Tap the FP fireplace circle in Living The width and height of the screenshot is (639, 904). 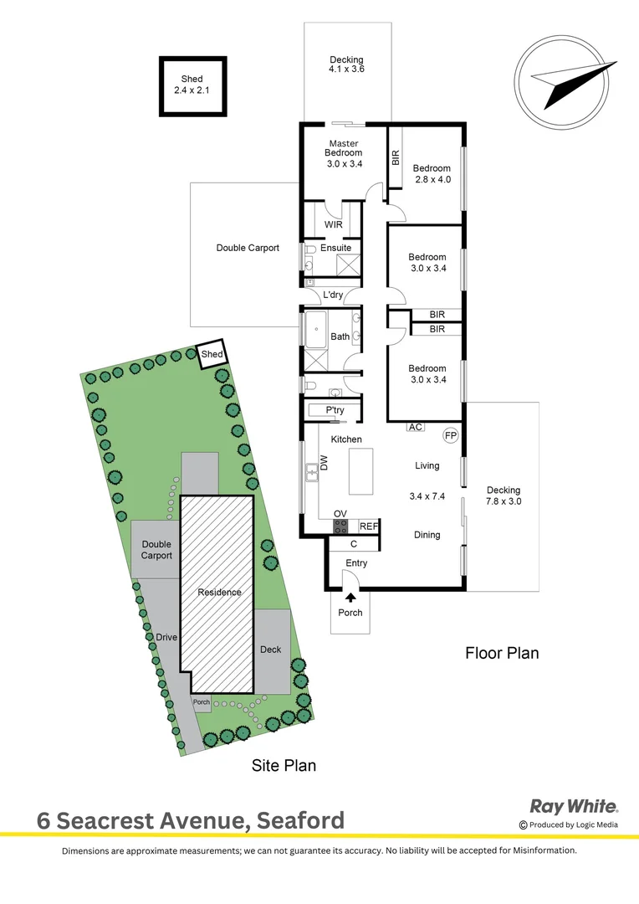pos(450,436)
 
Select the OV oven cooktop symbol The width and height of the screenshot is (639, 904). pos(341,526)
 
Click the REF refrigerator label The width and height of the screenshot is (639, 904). pos(368,526)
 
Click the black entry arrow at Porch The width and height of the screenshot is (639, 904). pos(350,597)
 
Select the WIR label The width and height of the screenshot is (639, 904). pos(334,224)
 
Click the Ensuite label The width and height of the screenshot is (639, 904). pos(335,249)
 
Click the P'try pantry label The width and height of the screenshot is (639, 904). pos(335,409)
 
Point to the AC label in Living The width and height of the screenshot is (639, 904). pos(414,427)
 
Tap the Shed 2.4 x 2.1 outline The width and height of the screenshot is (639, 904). pos(192,86)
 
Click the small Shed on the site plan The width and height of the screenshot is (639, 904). pos(212,355)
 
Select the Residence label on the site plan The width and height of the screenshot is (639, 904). pos(219,593)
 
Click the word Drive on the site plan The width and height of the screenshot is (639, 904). pos(166,637)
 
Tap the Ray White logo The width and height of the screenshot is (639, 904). pos(574,807)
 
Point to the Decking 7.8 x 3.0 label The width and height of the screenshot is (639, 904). pos(504,496)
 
